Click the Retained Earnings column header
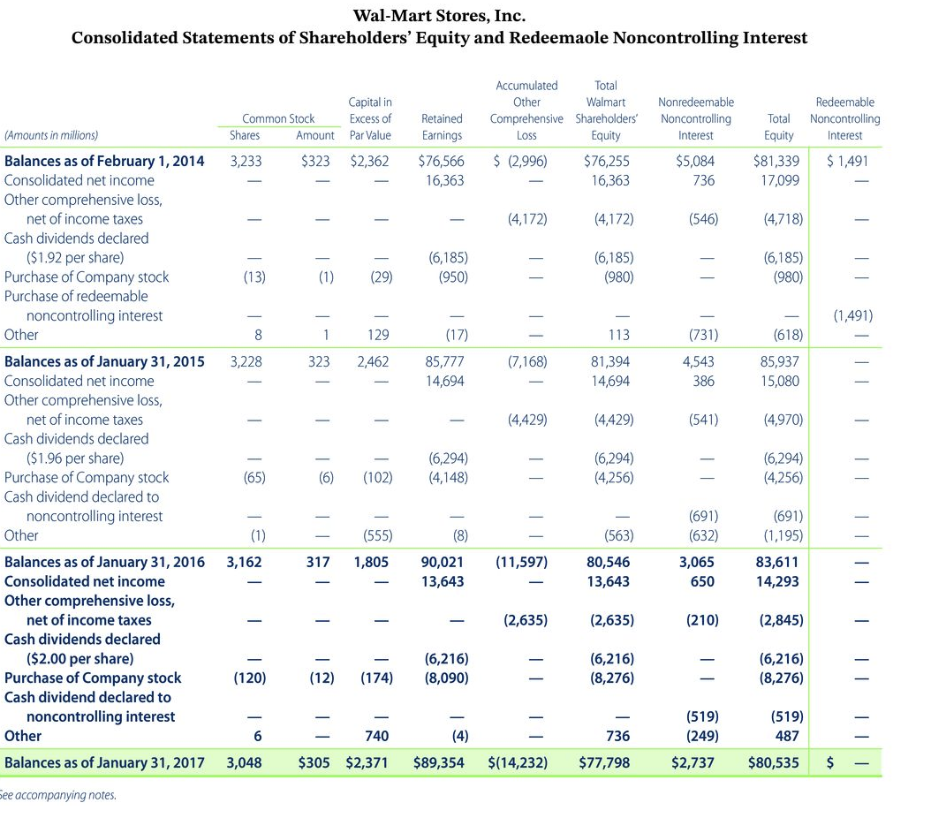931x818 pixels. (443, 126)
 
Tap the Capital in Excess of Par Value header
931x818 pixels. (370, 118)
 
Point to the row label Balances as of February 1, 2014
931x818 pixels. (104, 161)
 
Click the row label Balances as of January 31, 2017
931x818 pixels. (104, 762)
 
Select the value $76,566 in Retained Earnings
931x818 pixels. (441, 161)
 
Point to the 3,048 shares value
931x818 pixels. (244, 762)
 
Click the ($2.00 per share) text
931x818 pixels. (80, 658)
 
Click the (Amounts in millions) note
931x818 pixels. (51, 135)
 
